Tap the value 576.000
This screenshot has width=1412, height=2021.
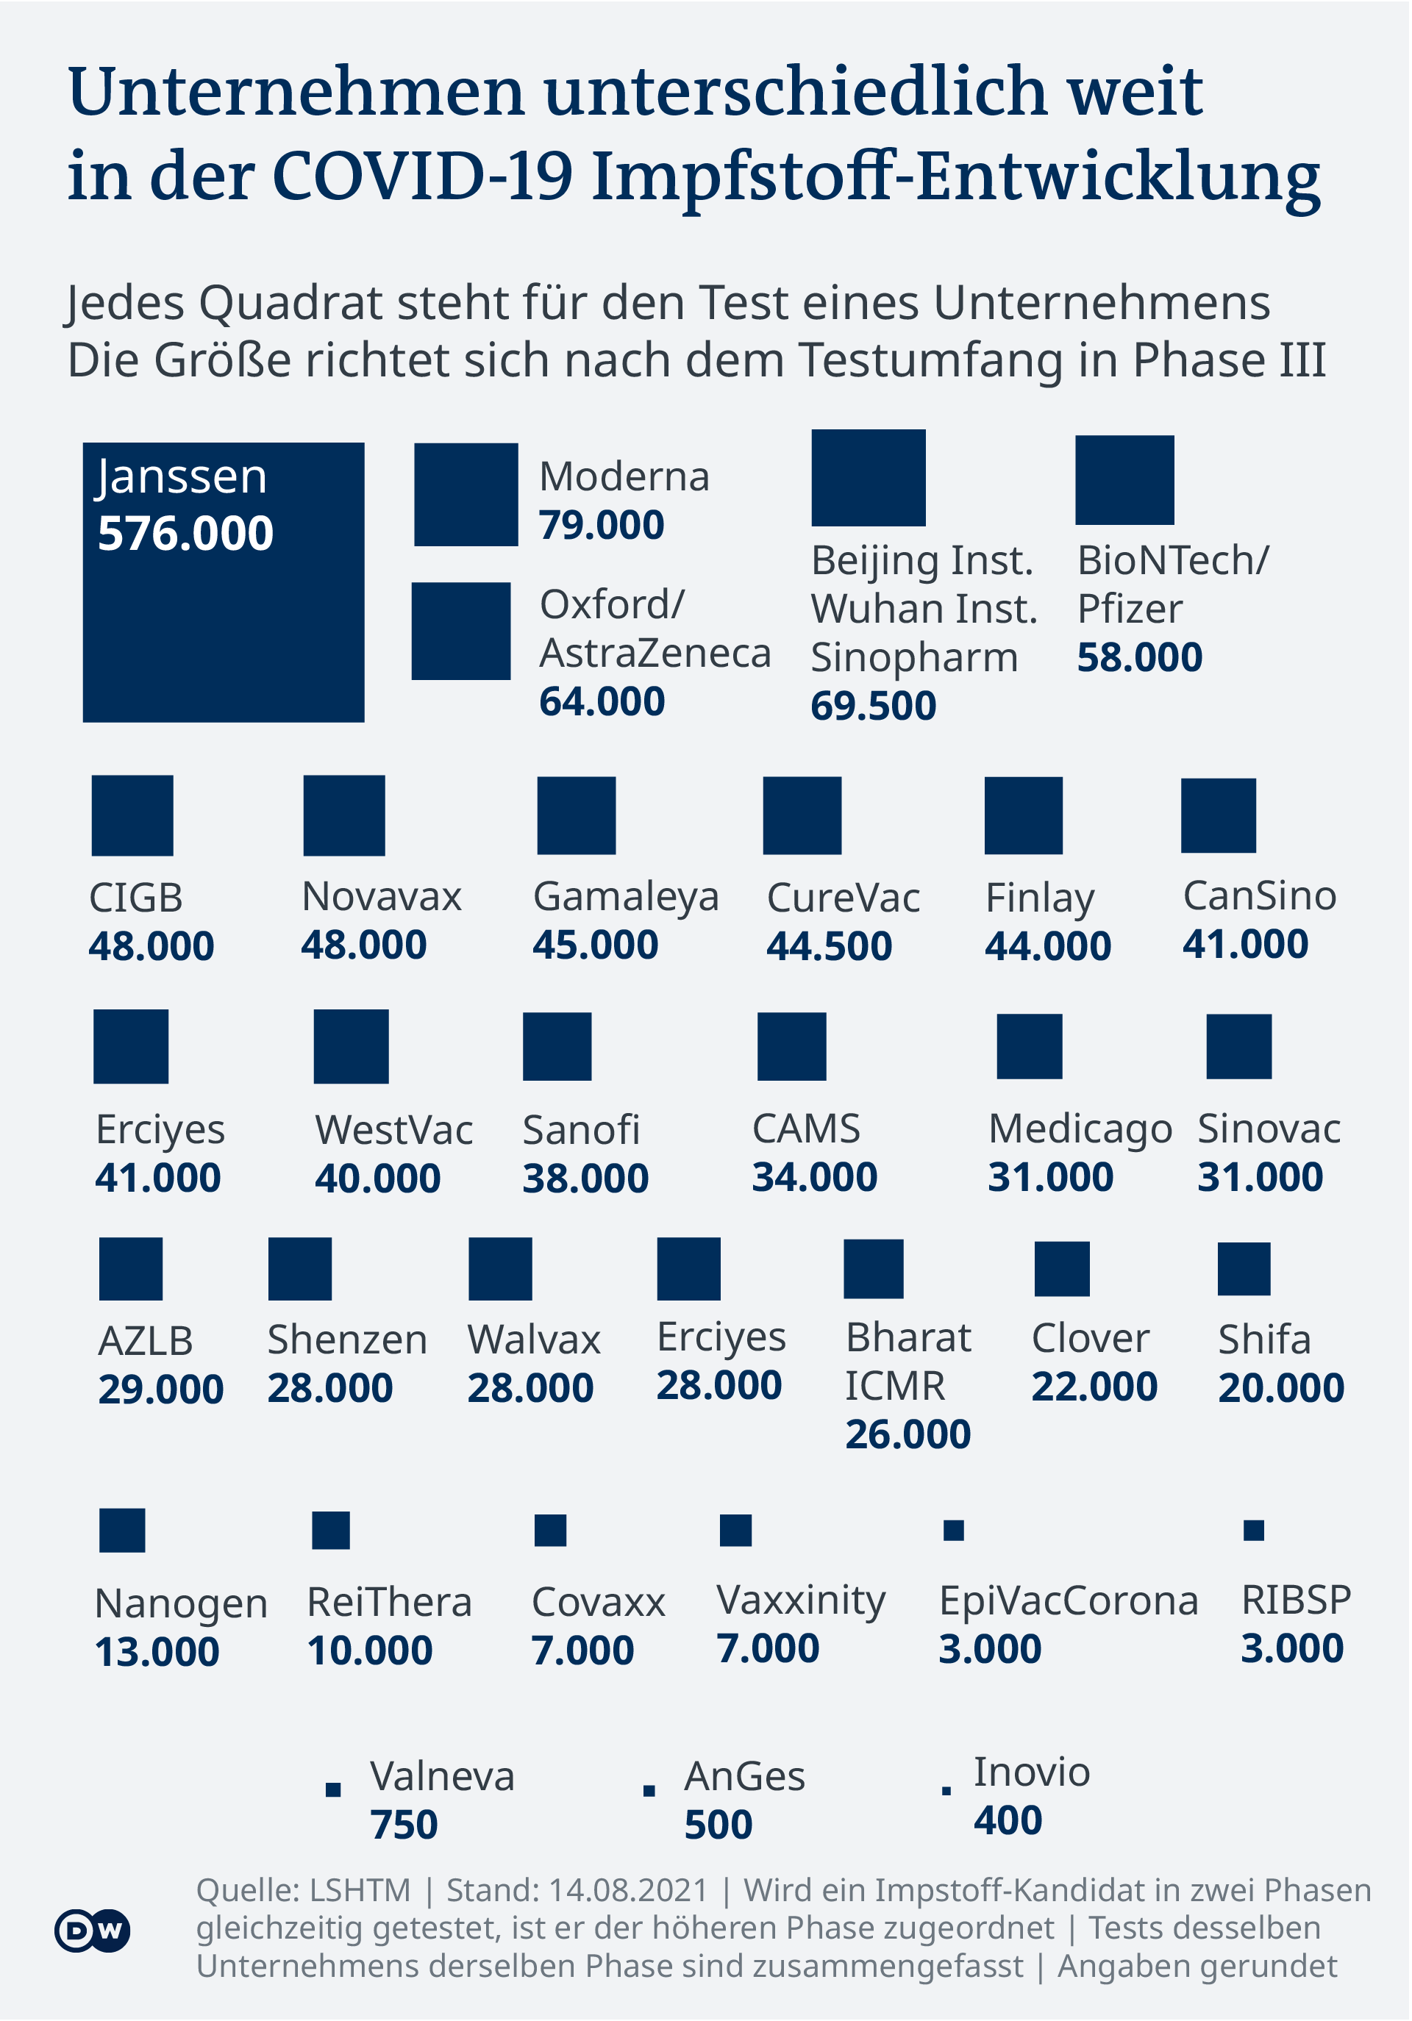coord(186,534)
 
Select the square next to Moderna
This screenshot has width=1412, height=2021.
coord(466,495)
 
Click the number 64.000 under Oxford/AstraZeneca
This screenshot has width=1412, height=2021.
coord(602,701)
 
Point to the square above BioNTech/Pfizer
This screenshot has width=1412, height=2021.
coord(1124,480)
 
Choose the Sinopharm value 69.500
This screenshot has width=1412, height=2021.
coord(873,706)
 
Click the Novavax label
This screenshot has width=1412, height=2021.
coord(381,897)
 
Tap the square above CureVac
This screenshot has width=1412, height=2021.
coord(802,816)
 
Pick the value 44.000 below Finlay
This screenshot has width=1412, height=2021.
coord(1047,946)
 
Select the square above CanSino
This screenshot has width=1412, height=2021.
coord(1219,816)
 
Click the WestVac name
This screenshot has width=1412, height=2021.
coord(393,1130)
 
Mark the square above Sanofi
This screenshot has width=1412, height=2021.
coord(557,1047)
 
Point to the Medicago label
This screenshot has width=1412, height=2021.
coord(1080,1129)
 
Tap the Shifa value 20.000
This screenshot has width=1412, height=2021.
coord(1281,1388)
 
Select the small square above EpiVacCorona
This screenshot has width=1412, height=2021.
coord(953,1531)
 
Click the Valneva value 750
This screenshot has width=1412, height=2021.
coord(404,1825)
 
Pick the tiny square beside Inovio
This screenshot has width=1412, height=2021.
coord(946,1790)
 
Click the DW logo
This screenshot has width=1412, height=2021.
coord(93,1931)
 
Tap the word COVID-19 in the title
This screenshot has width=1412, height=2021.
coord(424,176)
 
